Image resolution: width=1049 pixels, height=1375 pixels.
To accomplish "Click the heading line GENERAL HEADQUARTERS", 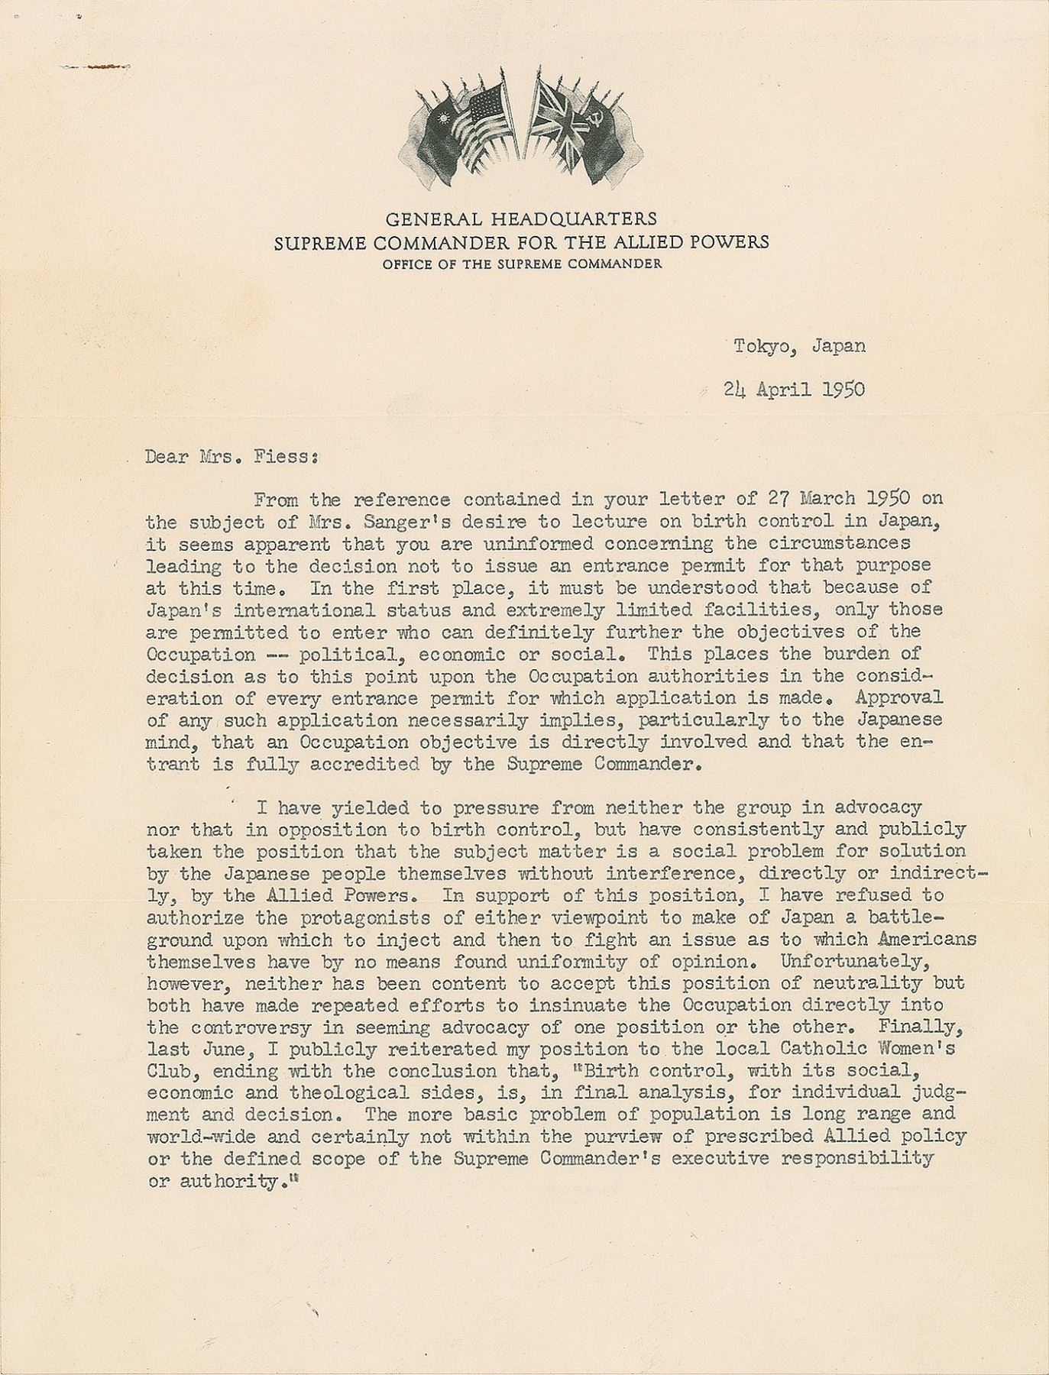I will coord(521,219).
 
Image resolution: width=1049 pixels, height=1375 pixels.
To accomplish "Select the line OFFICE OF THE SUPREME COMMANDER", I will coord(522,264).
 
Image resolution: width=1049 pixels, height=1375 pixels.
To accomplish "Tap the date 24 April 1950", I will coord(795,389).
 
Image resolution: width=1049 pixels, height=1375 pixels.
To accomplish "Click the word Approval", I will coord(898,697).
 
